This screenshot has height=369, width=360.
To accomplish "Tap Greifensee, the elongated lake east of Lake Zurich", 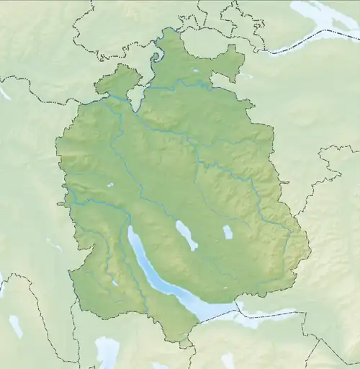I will pos(186,235).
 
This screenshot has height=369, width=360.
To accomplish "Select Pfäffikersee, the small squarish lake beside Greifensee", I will pos(228,232).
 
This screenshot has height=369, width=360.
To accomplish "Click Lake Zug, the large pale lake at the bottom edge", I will pos(107,352).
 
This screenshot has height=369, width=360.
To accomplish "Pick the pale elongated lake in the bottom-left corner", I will pos(15,326).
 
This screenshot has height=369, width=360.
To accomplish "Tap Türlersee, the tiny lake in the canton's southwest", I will pos(114,283).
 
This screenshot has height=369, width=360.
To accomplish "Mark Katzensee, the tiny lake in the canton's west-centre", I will pos(110,185).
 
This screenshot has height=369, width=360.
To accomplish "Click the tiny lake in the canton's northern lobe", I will pos(195,71).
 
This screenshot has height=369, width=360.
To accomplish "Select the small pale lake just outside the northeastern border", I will pos(246,75).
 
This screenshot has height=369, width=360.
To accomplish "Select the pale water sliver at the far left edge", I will pos(4,92).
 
